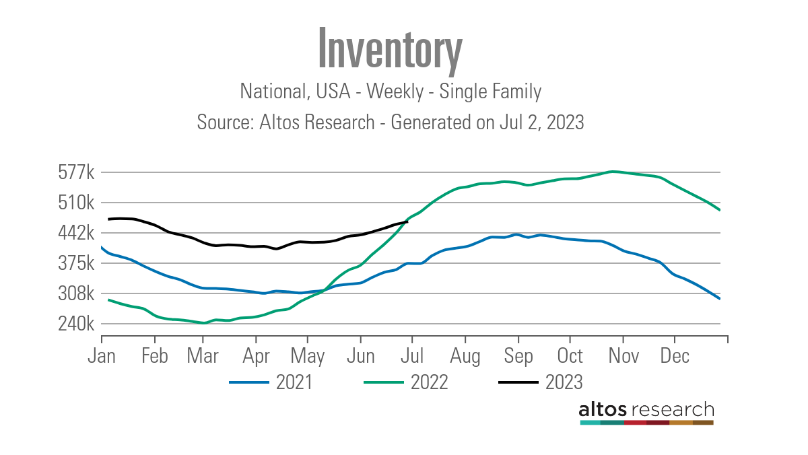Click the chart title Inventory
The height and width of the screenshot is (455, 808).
click(390, 49)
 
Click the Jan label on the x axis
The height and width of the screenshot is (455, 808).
click(102, 355)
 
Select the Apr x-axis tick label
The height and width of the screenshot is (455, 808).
click(255, 355)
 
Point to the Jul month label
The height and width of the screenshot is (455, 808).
click(412, 355)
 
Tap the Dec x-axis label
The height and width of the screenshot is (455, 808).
click(675, 355)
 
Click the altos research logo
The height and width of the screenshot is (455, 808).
click(646, 411)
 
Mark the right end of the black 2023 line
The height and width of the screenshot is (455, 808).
click(407, 221)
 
